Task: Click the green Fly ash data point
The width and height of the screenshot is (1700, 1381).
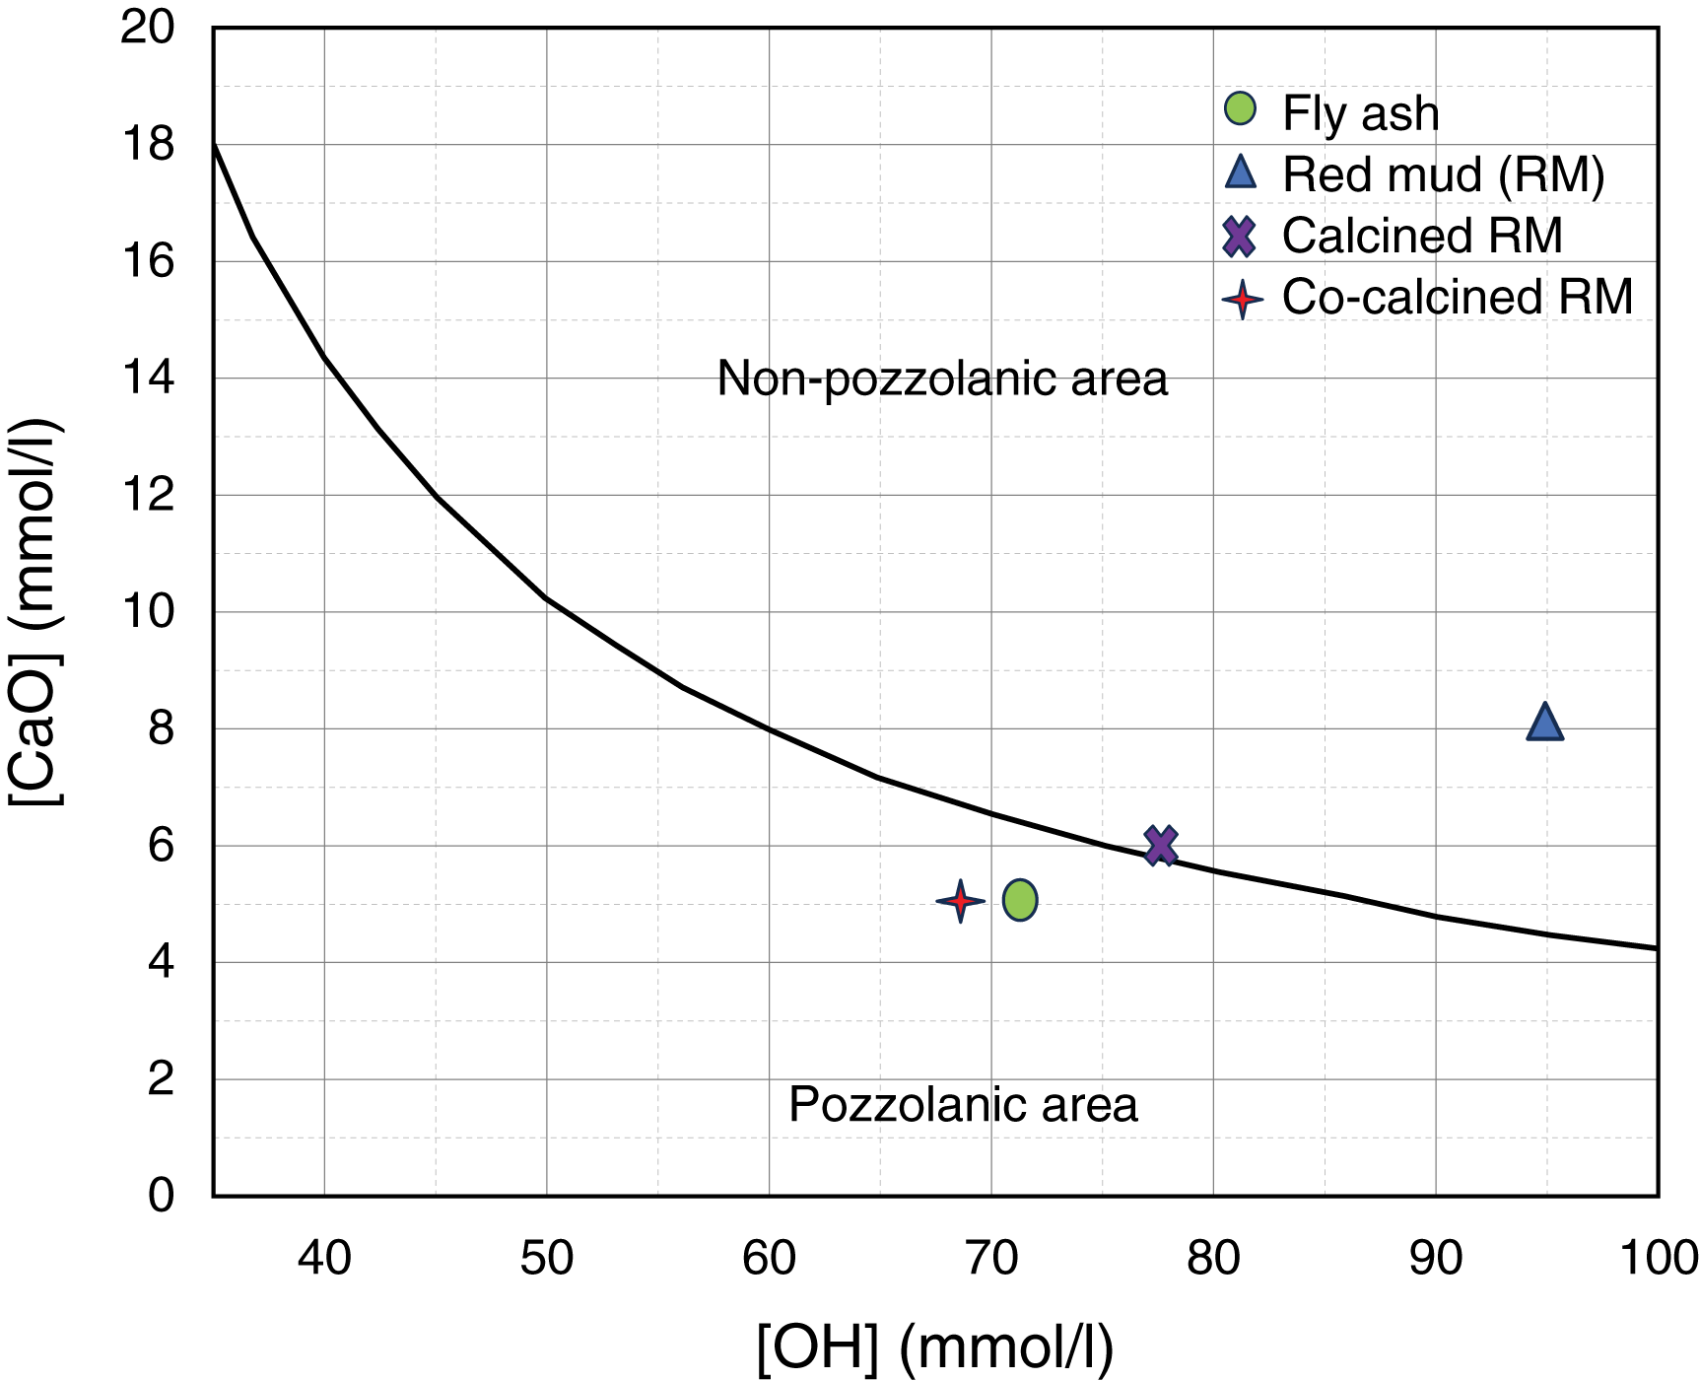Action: click(x=1020, y=900)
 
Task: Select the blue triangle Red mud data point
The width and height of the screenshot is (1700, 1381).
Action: click(x=1544, y=723)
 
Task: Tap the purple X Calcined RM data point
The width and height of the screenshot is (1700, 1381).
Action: click(x=1161, y=845)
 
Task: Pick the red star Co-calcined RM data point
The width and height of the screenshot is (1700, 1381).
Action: click(x=960, y=901)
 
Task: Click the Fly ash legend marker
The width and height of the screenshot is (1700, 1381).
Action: click(x=1240, y=108)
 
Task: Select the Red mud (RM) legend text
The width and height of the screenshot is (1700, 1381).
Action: click(x=1443, y=174)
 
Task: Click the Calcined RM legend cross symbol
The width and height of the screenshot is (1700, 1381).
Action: click(x=1239, y=237)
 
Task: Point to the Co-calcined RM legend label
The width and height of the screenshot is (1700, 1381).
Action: click(x=1458, y=297)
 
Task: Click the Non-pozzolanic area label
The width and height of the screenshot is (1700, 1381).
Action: click(x=942, y=379)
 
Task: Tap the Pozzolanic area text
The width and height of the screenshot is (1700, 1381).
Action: click(x=963, y=1105)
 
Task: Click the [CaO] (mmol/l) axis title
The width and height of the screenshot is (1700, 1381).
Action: click(x=35, y=612)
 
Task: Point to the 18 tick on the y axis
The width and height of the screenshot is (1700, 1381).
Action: click(x=148, y=145)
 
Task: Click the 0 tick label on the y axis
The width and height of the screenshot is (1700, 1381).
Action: click(x=162, y=1196)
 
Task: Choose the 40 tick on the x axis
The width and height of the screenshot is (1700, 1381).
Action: click(x=324, y=1258)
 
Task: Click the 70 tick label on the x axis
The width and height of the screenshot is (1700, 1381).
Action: click(x=991, y=1258)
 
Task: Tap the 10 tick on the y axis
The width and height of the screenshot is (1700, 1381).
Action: click(x=148, y=612)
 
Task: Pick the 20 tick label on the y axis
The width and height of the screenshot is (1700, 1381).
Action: click(x=148, y=28)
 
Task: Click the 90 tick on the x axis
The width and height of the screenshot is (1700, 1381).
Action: click(x=1436, y=1258)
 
